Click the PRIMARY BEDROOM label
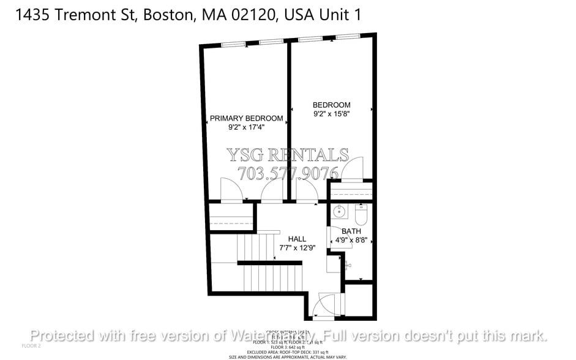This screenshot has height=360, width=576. click(246, 118)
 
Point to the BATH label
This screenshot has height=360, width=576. click(351, 231)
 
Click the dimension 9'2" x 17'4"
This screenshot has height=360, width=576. click(246, 127)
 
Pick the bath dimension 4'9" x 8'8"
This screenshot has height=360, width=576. click(351, 241)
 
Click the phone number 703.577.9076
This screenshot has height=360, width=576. click(287, 173)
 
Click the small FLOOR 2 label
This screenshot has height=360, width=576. click(31, 346)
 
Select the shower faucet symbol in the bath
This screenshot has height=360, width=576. click(346, 265)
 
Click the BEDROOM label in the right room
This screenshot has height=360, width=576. click(331, 105)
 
